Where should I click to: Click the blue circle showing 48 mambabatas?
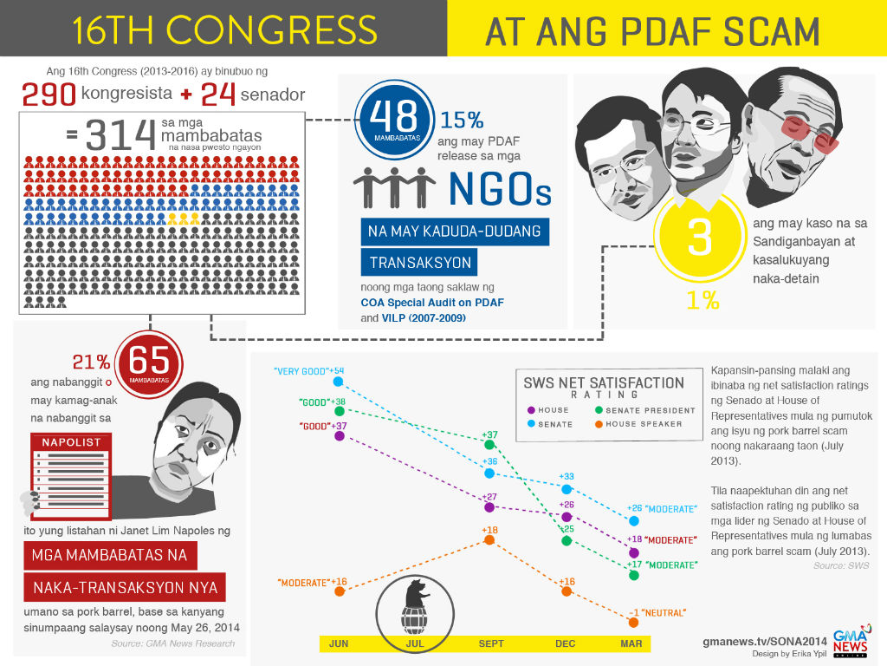(x=394, y=120)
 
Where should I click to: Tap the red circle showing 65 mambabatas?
(x=149, y=365)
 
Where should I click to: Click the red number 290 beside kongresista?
(x=49, y=94)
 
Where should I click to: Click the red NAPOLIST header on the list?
(x=71, y=441)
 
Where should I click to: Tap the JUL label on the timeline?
(x=415, y=643)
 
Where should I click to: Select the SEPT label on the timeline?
(x=491, y=643)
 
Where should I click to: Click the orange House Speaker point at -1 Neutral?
(x=633, y=623)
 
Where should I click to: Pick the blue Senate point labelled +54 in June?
(x=339, y=382)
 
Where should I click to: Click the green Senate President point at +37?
(x=490, y=445)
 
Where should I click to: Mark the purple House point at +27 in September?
(x=490, y=507)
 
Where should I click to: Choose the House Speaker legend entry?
(x=638, y=423)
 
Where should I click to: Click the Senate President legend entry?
(x=644, y=410)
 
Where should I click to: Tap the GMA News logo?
(x=851, y=640)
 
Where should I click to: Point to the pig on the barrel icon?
(x=416, y=593)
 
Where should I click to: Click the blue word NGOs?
(x=500, y=190)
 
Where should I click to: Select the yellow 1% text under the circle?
(x=702, y=300)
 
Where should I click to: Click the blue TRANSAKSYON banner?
(x=420, y=263)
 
